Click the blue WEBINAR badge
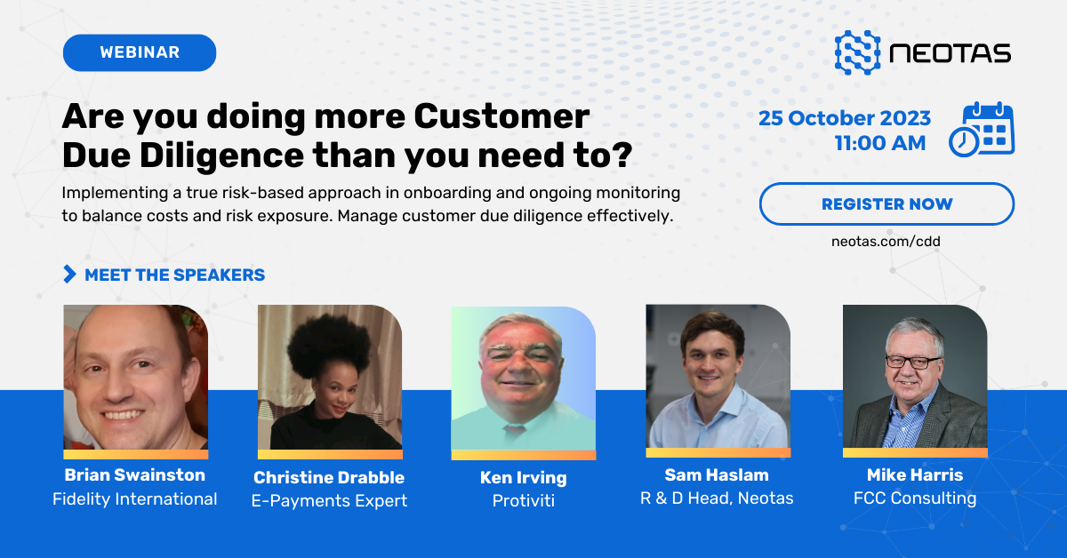[140, 52]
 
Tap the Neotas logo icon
[857, 52]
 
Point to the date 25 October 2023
[845, 118]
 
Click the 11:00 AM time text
[879, 143]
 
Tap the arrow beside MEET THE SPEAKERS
[69, 275]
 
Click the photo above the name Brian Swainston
[135, 378]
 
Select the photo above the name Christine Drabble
[329, 378]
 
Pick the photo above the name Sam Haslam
[718, 377]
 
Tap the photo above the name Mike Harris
[915, 377]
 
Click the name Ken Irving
[523, 477]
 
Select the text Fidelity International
[134, 498]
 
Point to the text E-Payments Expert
[329, 501]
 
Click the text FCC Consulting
[915, 498]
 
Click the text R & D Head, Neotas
[717, 498]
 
